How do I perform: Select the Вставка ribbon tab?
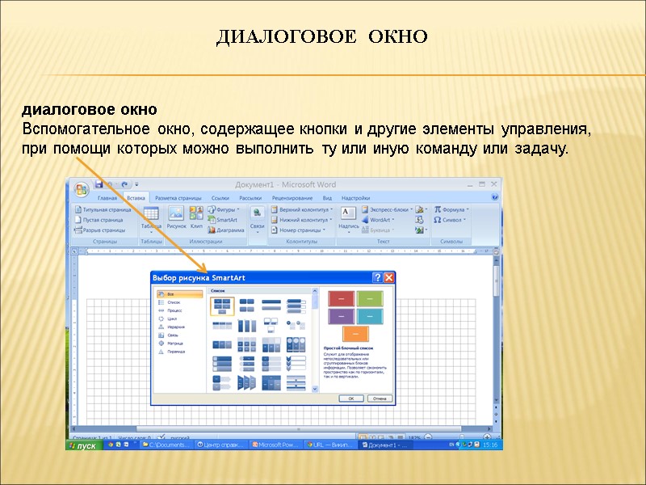136,198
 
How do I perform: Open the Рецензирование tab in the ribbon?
292,198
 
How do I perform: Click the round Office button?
81,189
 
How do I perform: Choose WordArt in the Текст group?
380,219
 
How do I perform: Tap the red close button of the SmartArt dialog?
389,277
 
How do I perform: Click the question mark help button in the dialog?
377,277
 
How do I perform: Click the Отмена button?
378,399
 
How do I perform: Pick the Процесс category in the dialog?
174,310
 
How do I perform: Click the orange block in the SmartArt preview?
351,332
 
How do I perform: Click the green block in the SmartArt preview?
370,298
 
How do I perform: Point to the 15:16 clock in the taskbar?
490,445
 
